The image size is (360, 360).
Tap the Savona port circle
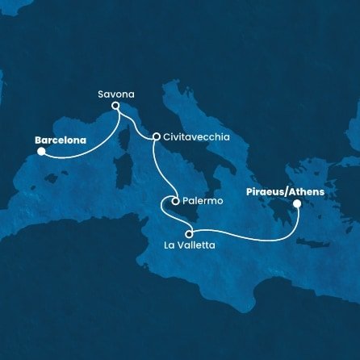click(x=115, y=106)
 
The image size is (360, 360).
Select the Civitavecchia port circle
click(x=155, y=137)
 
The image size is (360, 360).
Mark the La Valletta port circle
click(x=189, y=234)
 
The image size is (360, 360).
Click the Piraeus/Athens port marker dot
click(x=296, y=204)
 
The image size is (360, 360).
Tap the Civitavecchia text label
click(x=196, y=137)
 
